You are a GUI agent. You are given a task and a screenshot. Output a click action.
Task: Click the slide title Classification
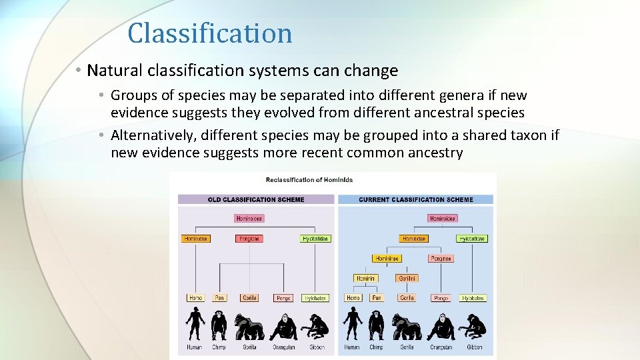[209, 33]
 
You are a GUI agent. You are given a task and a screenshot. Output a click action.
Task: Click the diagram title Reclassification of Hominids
[309, 180]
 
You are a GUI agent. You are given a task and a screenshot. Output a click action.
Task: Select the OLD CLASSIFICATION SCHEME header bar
[255, 199]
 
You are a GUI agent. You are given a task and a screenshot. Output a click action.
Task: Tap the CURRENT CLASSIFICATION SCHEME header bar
[415, 199]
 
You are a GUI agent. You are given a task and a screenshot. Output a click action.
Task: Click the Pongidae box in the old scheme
[249, 239]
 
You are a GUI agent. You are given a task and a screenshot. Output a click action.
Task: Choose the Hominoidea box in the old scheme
[249, 219]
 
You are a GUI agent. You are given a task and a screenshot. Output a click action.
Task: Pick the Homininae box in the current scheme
[387, 259]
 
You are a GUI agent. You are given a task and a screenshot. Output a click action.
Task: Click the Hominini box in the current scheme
[365, 279]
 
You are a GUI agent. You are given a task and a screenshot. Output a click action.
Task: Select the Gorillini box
[407, 279]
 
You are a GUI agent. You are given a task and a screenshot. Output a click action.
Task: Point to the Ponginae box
[441, 259]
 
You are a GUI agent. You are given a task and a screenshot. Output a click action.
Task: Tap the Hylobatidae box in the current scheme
[472, 239]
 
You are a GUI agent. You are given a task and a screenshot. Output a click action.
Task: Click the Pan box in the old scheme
[219, 298]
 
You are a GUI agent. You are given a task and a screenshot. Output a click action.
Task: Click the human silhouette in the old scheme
[195, 324]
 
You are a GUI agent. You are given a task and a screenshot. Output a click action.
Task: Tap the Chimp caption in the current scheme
[376, 347]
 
